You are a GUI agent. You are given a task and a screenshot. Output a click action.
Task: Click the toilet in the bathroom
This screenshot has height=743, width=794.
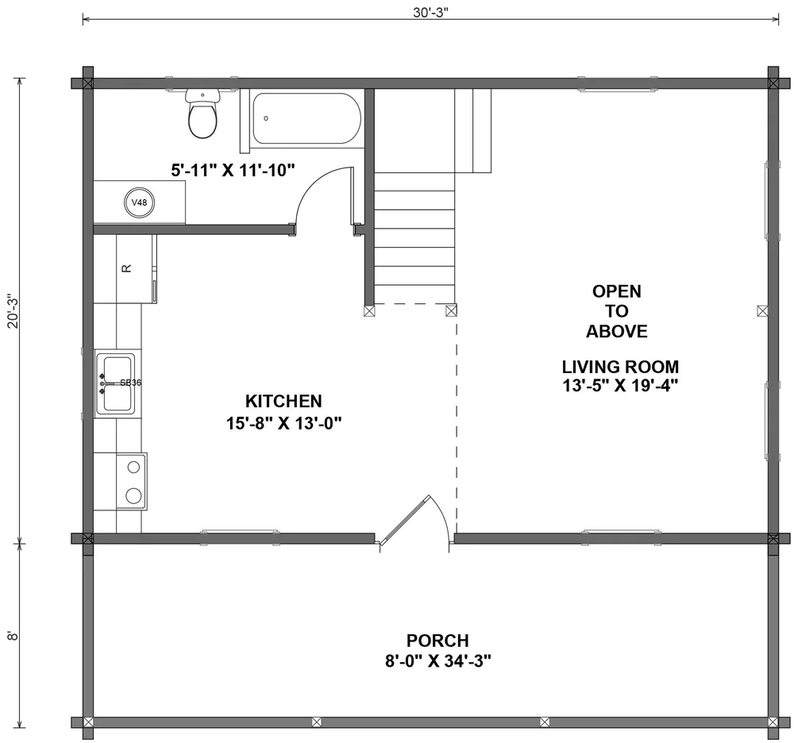[x=202, y=115]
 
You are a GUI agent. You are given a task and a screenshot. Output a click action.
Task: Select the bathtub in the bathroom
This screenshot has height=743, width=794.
[x=306, y=119]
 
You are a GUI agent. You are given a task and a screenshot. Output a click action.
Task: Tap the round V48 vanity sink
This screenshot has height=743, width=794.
[x=140, y=202]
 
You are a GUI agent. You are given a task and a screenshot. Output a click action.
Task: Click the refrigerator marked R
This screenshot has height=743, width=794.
[x=125, y=268]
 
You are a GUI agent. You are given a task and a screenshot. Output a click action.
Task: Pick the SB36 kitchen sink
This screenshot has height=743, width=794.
[x=116, y=383]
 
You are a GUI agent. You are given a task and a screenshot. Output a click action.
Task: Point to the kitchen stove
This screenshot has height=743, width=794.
[x=131, y=480]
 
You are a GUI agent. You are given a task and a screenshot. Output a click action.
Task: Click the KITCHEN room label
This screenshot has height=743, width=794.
[x=283, y=401]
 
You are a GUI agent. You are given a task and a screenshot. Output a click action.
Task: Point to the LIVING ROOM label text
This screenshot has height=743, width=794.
[x=620, y=367]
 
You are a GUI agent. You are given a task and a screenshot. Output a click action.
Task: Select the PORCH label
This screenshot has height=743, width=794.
[x=437, y=640]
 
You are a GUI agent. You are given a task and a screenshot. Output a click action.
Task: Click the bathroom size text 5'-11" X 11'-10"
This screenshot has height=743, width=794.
[x=233, y=169]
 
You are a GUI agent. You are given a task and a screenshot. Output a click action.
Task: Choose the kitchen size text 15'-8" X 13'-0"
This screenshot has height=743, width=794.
[x=283, y=423]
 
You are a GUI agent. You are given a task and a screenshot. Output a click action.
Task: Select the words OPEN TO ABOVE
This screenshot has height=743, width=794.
[x=617, y=311]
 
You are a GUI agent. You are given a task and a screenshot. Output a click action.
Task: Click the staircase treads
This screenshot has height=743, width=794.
[x=414, y=238]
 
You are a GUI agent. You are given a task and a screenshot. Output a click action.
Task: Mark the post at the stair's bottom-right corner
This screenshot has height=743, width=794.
[x=451, y=310]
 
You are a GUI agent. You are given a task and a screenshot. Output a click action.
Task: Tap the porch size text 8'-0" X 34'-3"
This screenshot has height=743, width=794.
[x=437, y=661]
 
